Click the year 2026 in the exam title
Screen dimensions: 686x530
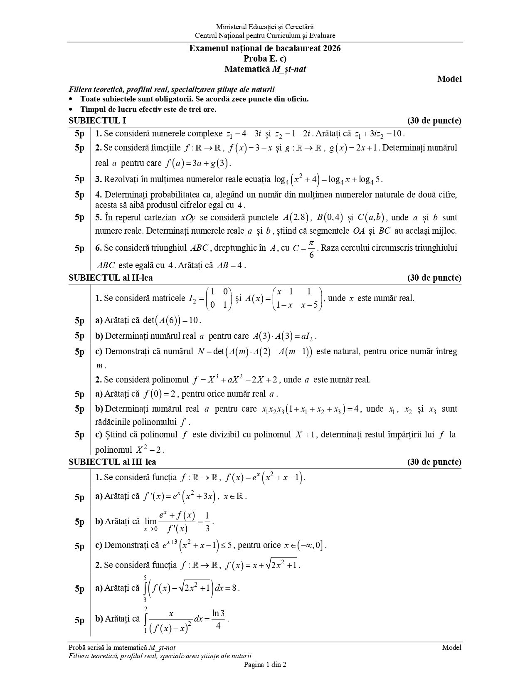coord(331,48)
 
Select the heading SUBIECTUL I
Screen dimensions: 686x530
coord(97,121)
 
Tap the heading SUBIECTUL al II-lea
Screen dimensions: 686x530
coord(111,278)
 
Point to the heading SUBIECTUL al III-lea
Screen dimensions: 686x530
coord(112,462)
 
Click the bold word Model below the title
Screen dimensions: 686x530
coord(449,79)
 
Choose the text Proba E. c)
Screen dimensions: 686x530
coord(265,59)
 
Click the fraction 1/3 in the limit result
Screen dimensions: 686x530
coord(207,522)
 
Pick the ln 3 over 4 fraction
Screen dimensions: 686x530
coord(218,619)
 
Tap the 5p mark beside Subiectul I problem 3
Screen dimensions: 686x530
coord(79,179)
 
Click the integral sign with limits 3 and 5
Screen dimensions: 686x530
coord(145,588)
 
